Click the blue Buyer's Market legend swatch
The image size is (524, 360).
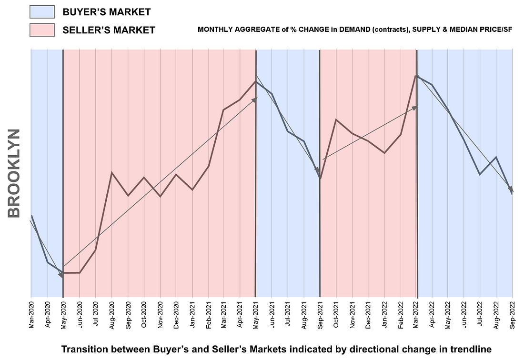42,11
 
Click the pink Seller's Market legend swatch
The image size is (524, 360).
42,30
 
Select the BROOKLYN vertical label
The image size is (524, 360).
14,173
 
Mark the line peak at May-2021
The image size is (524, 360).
256,81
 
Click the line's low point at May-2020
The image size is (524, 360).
63,273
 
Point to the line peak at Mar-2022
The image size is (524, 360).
417,75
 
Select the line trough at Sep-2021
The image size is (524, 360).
320,179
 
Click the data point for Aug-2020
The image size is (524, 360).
112,172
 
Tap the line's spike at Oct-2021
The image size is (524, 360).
336,120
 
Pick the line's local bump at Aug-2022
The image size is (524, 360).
496,157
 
